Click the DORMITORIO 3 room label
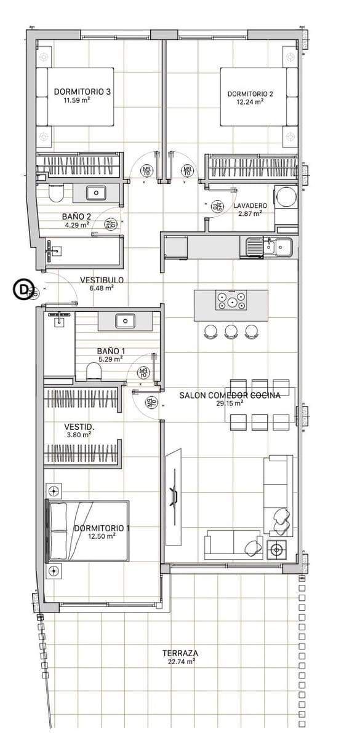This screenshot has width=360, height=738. (x=82, y=92)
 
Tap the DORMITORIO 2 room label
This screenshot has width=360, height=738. (x=250, y=94)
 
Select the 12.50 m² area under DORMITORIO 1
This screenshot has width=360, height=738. (x=102, y=536)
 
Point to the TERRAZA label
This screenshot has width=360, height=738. (x=180, y=653)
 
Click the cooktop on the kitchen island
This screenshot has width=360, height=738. (x=231, y=302)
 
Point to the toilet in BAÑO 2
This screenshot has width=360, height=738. (x=55, y=195)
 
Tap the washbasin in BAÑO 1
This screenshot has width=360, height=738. (x=125, y=320)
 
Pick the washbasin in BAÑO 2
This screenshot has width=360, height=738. (x=96, y=193)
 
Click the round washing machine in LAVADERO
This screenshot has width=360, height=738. (x=285, y=197)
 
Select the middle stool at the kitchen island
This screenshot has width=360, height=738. (x=231, y=331)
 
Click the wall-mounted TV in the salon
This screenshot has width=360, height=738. (x=174, y=489)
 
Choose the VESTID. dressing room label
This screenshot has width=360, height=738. (x=79, y=426)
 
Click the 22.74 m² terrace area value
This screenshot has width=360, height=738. (x=181, y=662)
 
